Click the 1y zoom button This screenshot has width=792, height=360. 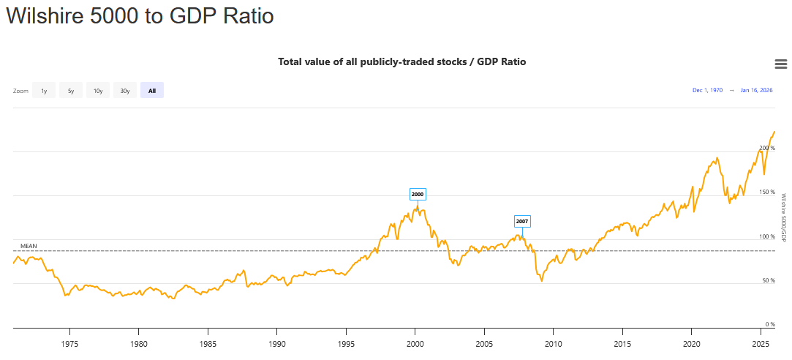coord(44,91)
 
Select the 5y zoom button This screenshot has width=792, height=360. coord(71,91)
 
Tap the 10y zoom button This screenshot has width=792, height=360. coord(98,91)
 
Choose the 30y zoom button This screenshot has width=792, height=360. coord(125,91)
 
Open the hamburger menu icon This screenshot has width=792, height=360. coord(780,64)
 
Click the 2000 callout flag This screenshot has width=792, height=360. coord(418,194)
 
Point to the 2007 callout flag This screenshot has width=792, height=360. coord(522,220)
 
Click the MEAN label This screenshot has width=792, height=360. coord(29,246)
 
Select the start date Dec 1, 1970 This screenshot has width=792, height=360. coord(707,90)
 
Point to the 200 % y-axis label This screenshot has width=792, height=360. coord(767,148)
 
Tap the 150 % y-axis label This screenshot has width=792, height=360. coord(767,192)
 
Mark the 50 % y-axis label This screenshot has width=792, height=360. coord(769,280)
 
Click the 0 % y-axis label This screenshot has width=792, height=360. coord(770,324)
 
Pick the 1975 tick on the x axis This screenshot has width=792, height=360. coord(69,343)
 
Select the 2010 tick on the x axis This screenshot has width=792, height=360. coord(553,343)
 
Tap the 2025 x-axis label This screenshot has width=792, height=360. coord(760,343)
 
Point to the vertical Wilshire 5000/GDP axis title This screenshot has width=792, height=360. coord(783,218)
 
